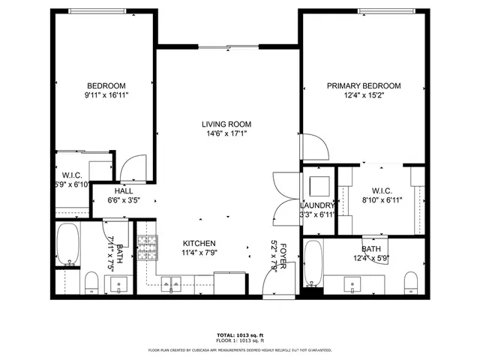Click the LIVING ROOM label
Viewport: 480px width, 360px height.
point(226,124)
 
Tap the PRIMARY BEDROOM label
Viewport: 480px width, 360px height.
point(363,86)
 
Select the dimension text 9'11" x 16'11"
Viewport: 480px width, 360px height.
point(105,96)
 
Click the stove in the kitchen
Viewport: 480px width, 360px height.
point(147,245)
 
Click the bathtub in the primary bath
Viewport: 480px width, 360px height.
point(313,264)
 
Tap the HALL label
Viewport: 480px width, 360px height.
point(124,191)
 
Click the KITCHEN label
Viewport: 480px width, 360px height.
point(199,244)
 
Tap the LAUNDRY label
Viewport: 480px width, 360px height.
point(316,205)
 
